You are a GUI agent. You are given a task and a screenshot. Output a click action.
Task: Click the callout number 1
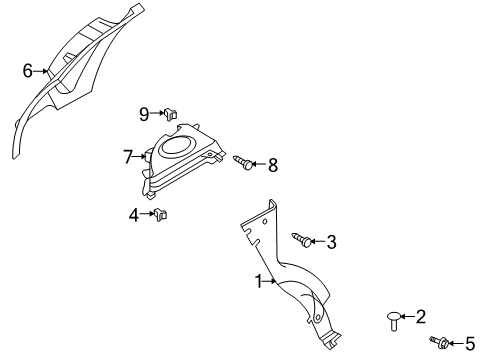coord(258,282)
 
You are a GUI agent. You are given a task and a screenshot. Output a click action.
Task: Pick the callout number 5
coord(470,343)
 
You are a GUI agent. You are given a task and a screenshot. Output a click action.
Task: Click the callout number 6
coord(28,70)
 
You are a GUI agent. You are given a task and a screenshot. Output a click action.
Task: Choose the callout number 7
coord(128,156)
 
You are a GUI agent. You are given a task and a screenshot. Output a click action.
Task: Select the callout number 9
coord(144,113)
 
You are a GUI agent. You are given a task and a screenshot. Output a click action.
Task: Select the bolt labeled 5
coord(441,343)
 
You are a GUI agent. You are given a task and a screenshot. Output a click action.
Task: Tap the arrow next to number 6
coord(42,70)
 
